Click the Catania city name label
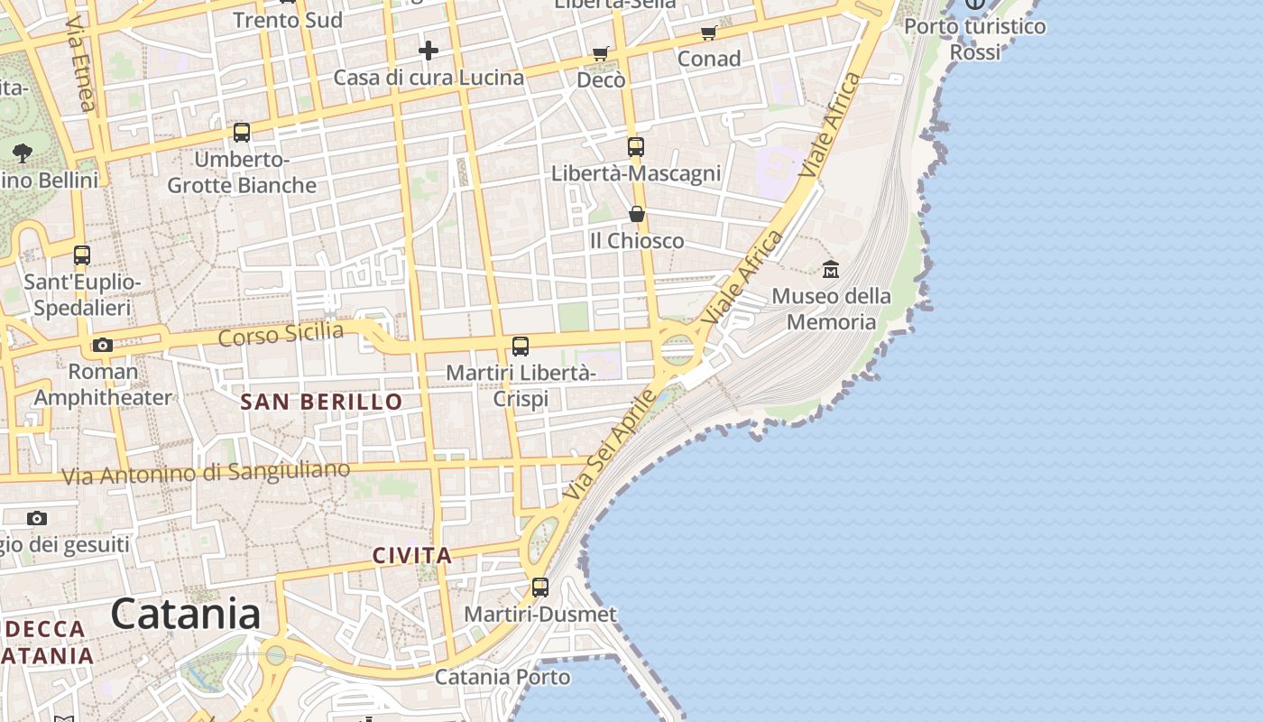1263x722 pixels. (186, 614)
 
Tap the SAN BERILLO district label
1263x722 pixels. (321, 403)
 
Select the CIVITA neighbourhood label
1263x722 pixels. (412, 555)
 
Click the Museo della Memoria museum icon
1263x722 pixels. (830, 269)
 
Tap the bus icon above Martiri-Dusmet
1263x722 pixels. (539, 588)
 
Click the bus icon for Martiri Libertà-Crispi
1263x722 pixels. (520, 346)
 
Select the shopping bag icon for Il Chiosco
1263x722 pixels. (637, 214)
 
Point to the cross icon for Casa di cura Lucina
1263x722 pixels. (429, 51)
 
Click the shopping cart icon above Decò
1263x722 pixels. (600, 54)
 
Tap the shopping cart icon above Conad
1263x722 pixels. (708, 33)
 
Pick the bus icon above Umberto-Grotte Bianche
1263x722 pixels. (242, 133)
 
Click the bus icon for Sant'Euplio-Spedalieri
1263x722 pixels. (82, 255)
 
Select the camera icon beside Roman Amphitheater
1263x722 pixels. (103, 345)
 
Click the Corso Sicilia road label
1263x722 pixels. (281, 334)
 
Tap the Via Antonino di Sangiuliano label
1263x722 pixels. (205, 472)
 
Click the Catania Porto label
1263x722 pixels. (502, 677)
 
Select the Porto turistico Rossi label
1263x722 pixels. (975, 39)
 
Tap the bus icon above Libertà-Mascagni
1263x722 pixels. (636, 146)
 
